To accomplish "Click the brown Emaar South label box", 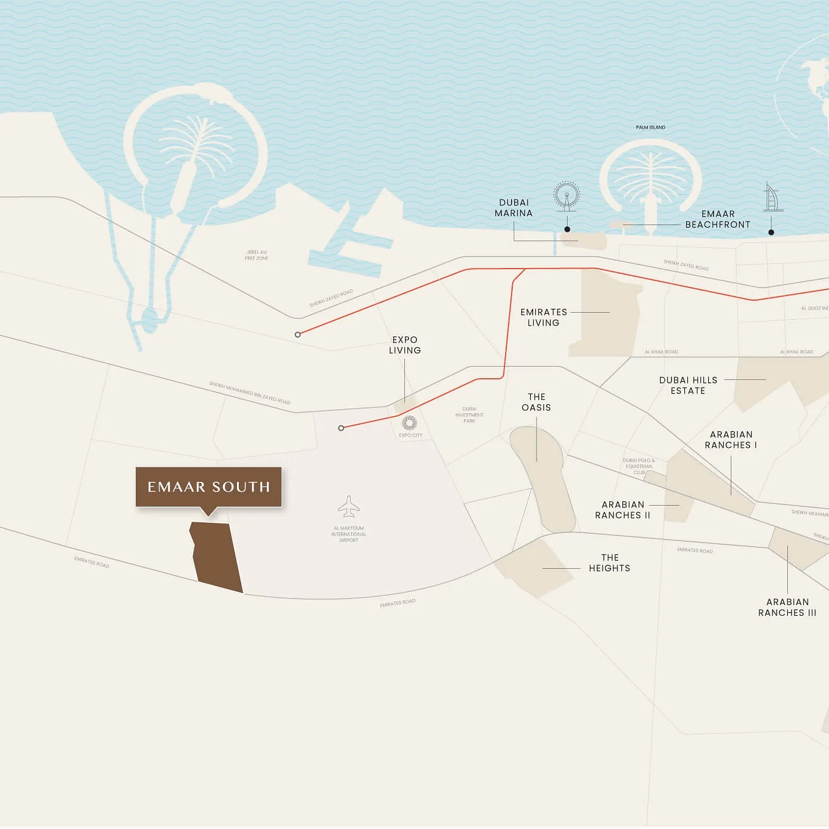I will pyautogui.click(x=208, y=487).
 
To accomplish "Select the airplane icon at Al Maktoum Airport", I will pyautogui.click(x=348, y=507).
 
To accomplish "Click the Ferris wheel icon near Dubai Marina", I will pyautogui.click(x=566, y=197).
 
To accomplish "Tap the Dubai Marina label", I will pyautogui.click(x=513, y=208).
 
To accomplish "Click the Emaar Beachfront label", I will pyautogui.click(x=718, y=219).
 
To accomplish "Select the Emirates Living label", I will pyautogui.click(x=543, y=317).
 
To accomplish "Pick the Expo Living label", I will pyautogui.click(x=405, y=345).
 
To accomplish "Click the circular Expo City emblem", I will pyautogui.click(x=409, y=423).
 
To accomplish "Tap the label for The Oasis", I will pyautogui.click(x=536, y=402).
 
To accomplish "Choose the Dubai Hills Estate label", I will pyautogui.click(x=688, y=385).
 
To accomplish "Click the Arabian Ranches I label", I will pyautogui.click(x=731, y=440).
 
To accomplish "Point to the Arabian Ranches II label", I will pyautogui.click(x=622, y=510).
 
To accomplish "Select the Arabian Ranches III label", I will pyautogui.click(x=787, y=607).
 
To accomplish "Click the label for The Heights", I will pyautogui.click(x=609, y=563).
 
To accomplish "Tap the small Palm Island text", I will pyautogui.click(x=650, y=127).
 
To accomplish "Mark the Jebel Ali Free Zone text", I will pyautogui.click(x=257, y=255).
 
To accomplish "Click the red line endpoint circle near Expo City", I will pyautogui.click(x=341, y=428).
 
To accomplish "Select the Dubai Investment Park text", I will pyautogui.click(x=469, y=415).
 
